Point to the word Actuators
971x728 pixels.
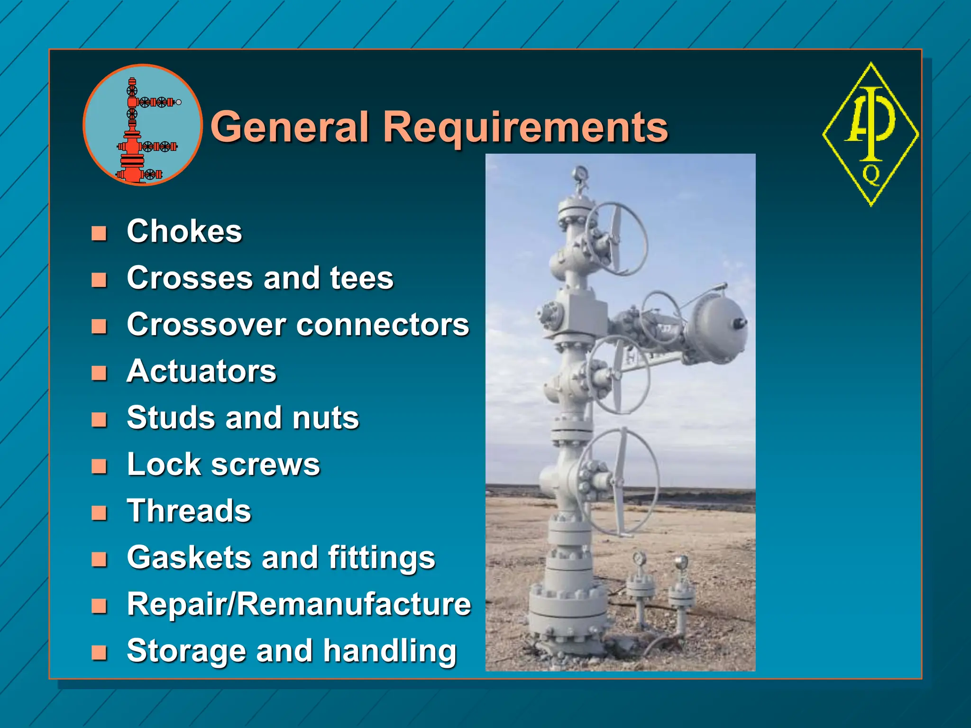coord(202,371)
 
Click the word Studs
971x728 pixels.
coord(171,418)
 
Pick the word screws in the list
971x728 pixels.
coord(266,464)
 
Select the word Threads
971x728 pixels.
coord(189,511)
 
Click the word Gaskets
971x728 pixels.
coord(189,557)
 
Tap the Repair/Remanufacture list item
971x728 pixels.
coord(299,604)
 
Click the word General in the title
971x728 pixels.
coord(290,127)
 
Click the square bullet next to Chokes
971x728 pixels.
coord(99,233)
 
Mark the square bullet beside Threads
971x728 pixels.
coord(99,513)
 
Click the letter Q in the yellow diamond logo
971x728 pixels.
coord(871,174)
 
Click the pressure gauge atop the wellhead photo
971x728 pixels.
coord(580,173)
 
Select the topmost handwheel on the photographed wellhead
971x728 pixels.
coord(616,238)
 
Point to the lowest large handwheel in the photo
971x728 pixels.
coord(619,481)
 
